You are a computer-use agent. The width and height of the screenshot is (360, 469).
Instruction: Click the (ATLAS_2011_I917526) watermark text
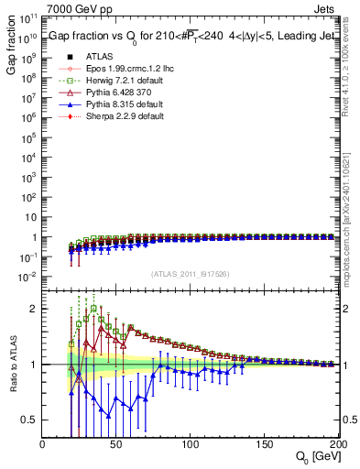point(191,274)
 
